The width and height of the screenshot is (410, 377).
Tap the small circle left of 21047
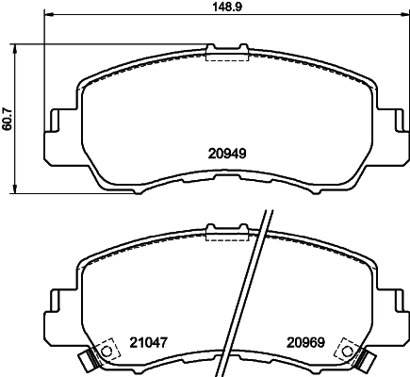[x=106, y=352]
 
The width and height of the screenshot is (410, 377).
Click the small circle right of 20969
[x=343, y=352]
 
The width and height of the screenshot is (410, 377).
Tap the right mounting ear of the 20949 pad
[x=394, y=127]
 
